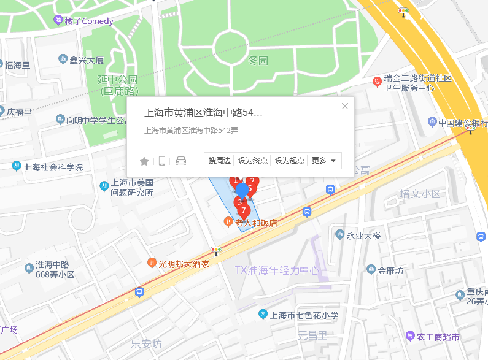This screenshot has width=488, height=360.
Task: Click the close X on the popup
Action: tap(345, 106)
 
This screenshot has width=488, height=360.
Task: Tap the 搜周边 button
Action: tap(219, 161)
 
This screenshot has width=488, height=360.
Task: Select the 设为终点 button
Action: tap(253, 161)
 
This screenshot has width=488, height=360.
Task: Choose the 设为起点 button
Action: tap(290, 161)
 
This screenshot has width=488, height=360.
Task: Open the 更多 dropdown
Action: tap(324, 161)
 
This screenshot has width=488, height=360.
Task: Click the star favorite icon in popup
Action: tap(144, 161)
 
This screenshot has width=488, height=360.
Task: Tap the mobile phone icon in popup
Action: tap(162, 161)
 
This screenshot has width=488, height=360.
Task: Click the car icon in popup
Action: tap(181, 161)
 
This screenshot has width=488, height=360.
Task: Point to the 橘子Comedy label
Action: tap(89, 21)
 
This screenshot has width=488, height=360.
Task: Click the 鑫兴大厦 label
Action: tap(87, 59)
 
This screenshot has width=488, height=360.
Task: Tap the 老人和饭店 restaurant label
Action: tap(256, 223)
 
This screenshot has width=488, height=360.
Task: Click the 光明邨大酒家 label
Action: tap(184, 264)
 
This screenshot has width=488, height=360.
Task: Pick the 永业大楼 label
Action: tap(364, 236)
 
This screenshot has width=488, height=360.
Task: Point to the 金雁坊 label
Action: tap(390, 270)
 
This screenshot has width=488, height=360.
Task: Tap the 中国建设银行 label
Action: tap(463, 122)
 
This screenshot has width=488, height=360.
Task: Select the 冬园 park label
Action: tap(258, 60)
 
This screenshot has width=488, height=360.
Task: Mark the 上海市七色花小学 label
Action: tap(304, 315)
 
